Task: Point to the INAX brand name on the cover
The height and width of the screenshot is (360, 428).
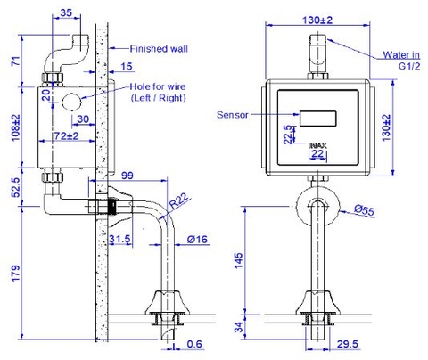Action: click(318, 143)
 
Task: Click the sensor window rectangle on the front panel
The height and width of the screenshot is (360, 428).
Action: click(317, 117)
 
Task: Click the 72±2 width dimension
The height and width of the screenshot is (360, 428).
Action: click(66, 135)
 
